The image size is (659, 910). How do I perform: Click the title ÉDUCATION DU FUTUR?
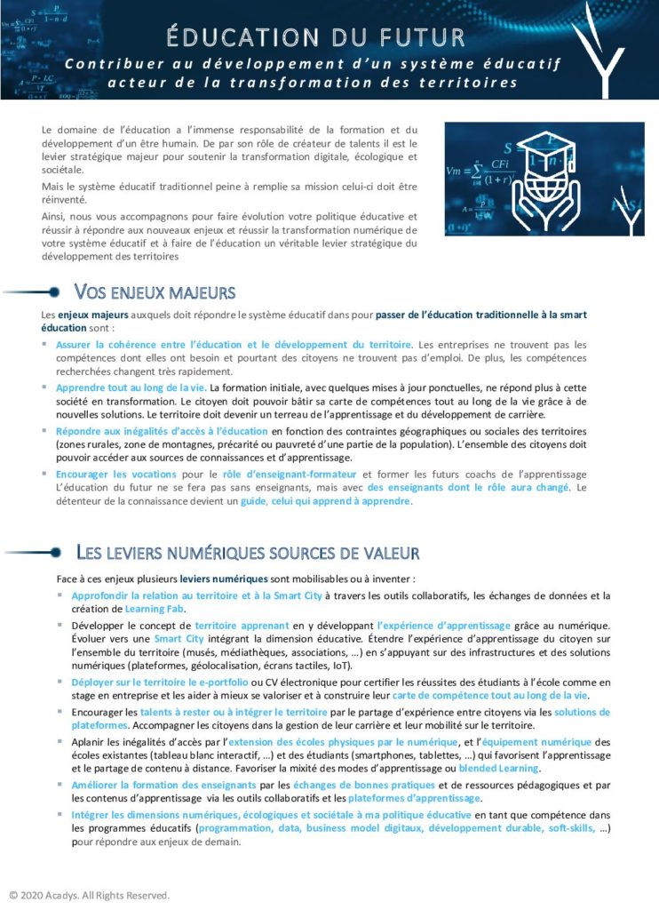pos(315,36)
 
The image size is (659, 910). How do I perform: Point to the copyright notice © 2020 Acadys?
pos(89,894)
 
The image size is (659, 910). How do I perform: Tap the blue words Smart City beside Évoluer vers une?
pos(179,639)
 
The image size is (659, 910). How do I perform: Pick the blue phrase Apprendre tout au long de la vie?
pos(131,387)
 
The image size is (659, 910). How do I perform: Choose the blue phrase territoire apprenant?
pos(235,626)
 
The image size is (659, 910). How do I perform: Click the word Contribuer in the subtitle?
pos(103,64)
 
